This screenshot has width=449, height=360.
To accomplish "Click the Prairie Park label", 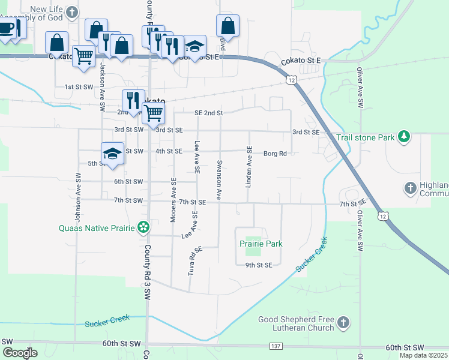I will [261, 244].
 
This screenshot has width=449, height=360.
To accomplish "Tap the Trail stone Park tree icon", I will [405, 137].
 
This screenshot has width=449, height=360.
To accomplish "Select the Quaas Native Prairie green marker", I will [143, 227].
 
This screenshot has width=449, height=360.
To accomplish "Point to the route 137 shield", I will [276, 346].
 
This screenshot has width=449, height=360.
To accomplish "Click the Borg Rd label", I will [275, 154].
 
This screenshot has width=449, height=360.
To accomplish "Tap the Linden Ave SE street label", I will [249, 167].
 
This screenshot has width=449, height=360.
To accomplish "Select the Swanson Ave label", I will [220, 180].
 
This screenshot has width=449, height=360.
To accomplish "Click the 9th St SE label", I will [259, 265].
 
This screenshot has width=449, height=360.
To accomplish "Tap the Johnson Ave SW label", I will [78, 194].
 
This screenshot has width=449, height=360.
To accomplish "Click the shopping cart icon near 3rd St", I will [154, 112].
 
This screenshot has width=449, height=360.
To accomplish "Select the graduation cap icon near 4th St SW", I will [112, 154].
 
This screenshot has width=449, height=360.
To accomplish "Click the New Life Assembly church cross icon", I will [72, 13].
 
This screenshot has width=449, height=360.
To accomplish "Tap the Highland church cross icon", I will [411, 188].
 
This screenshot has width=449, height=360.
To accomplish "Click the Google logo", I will [20, 353].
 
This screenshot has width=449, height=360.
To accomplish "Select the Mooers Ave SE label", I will [173, 201].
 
